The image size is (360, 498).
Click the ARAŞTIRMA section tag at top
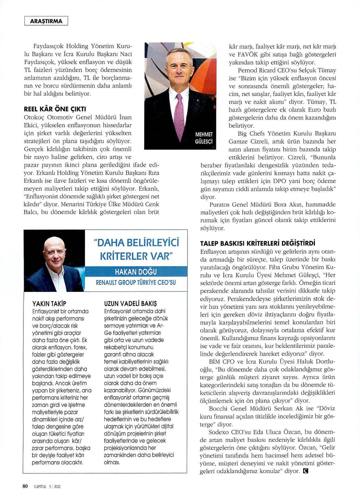click(x=46, y=21)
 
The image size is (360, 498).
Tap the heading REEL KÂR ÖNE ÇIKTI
click(x=55, y=109)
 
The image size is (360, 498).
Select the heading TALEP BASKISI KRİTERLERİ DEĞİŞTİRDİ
click(x=258, y=243)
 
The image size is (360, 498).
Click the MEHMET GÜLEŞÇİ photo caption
click(x=203, y=138)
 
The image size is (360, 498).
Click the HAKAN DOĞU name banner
click(x=136, y=272)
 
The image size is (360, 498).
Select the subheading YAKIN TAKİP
click(x=49, y=304)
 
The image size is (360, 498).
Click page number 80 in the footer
click(x=25, y=486)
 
